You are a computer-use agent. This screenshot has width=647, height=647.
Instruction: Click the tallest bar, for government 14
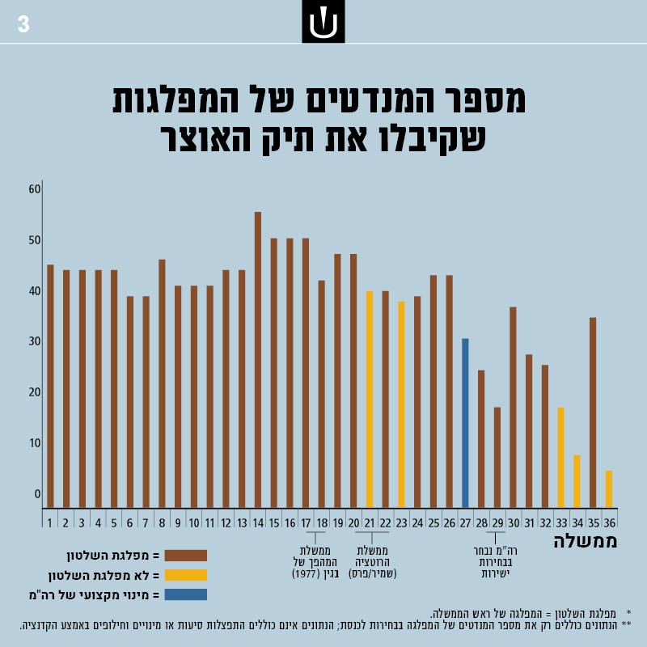(x=258, y=360)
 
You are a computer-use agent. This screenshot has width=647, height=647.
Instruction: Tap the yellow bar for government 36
(x=609, y=488)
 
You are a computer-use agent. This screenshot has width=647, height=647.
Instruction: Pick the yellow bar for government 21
(x=370, y=400)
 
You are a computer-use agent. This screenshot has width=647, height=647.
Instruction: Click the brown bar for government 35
(x=593, y=412)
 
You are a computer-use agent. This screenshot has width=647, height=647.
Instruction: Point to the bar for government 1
(x=50, y=386)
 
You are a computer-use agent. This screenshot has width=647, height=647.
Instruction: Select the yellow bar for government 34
(x=577, y=481)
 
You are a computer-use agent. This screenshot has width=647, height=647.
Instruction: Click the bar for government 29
(x=497, y=457)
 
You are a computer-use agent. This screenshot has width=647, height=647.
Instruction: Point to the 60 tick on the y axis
(x=34, y=189)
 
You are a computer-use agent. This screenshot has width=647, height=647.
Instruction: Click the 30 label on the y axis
(x=34, y=341)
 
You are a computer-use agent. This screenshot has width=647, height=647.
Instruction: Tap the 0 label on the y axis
(x=37, y=493)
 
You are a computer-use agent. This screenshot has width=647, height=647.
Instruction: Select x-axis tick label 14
(x=258, y=522)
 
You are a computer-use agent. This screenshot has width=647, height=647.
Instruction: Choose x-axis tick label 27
(x=465, y=522)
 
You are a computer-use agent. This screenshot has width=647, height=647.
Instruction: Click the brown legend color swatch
(x=185, y=556)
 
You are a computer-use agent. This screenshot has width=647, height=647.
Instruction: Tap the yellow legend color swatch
(x=185, y=575)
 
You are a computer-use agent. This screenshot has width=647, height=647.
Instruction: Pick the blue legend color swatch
(x=185, y=594)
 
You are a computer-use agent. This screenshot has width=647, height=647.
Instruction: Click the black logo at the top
(x=323, y=22)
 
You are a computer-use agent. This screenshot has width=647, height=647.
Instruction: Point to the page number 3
(x=23, y=25)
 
